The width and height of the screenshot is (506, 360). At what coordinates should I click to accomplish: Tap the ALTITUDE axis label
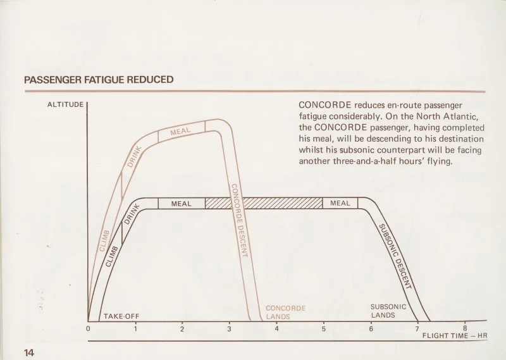click(65, 104)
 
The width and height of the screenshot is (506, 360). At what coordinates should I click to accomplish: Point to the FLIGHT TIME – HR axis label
click(455, 335)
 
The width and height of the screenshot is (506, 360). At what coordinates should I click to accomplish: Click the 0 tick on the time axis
click(89, 328)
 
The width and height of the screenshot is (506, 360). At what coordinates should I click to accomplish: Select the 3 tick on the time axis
click(230, 328)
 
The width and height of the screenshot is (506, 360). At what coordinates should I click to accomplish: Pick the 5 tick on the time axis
click(324, 328)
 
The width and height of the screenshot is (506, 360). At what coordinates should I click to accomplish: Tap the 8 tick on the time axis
click(466, 328)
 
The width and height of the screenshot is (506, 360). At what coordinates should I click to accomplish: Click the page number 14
click(29, 352)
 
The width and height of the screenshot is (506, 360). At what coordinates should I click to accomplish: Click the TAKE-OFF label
click(121, 316)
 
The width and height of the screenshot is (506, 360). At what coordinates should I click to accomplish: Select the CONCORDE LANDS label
click(285, 313)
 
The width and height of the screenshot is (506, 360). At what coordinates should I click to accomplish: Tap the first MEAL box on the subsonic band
click(181, 204)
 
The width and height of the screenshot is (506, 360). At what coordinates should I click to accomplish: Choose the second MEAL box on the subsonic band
click(340, 204)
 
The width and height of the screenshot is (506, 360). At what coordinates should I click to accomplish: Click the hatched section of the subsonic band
click(264, 204)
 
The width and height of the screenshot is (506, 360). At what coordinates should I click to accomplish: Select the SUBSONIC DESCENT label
click(395, 256)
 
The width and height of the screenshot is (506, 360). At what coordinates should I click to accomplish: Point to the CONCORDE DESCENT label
click(238, 219)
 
